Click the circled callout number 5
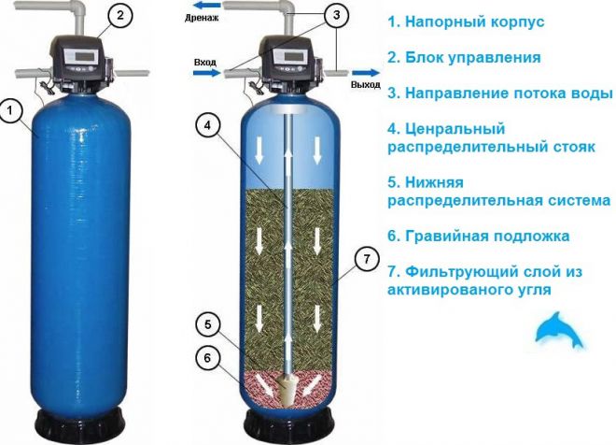(x=210, y=325)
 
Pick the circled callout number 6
(x=210, y=357)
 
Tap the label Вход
(x=204, y=63)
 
